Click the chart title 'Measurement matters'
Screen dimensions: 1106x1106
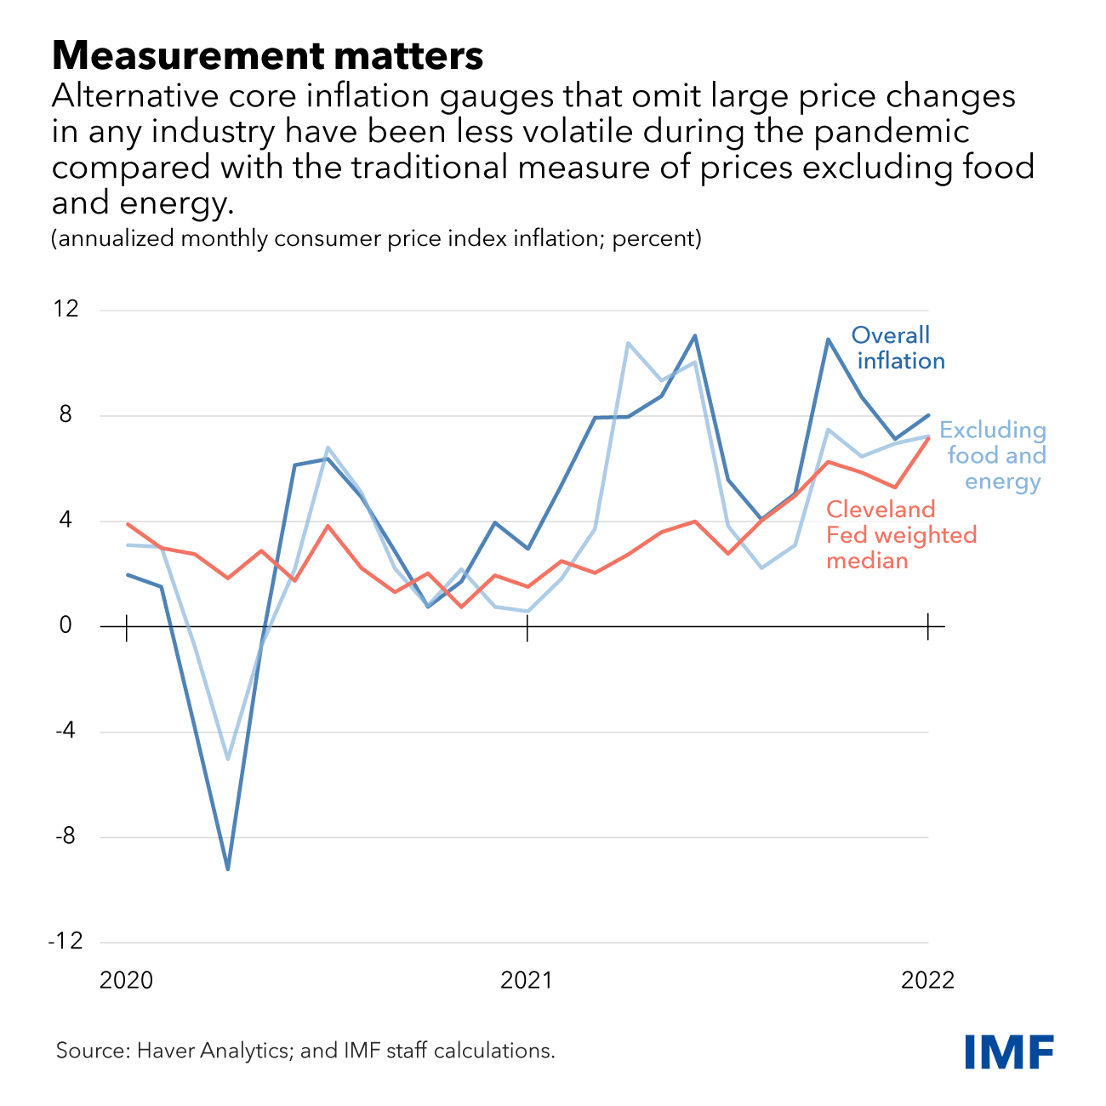(x=267, y=56)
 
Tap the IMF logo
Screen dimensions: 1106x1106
(x=1009, y=1052)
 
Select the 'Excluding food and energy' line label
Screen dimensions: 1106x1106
(x=993, y=456)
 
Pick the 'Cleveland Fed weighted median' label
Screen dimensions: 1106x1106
(x=901, y=535)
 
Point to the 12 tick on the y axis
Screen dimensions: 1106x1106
(x=66, y=309)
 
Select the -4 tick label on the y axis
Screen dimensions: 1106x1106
(x=66, y=732)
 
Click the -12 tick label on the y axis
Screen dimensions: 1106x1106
(x=65, y=942)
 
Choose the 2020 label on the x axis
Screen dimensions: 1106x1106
(x=127, y=980)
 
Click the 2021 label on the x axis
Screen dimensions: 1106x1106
(x=527, y=980)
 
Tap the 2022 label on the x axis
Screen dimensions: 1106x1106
(x=927, y=980)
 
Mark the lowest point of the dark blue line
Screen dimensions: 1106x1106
(x=227, y=869)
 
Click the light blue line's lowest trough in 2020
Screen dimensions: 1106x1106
(x=227, y=758)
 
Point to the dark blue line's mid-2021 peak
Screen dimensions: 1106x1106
(x=695, y=336)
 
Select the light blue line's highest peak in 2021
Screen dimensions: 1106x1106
(x=628, y=343)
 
